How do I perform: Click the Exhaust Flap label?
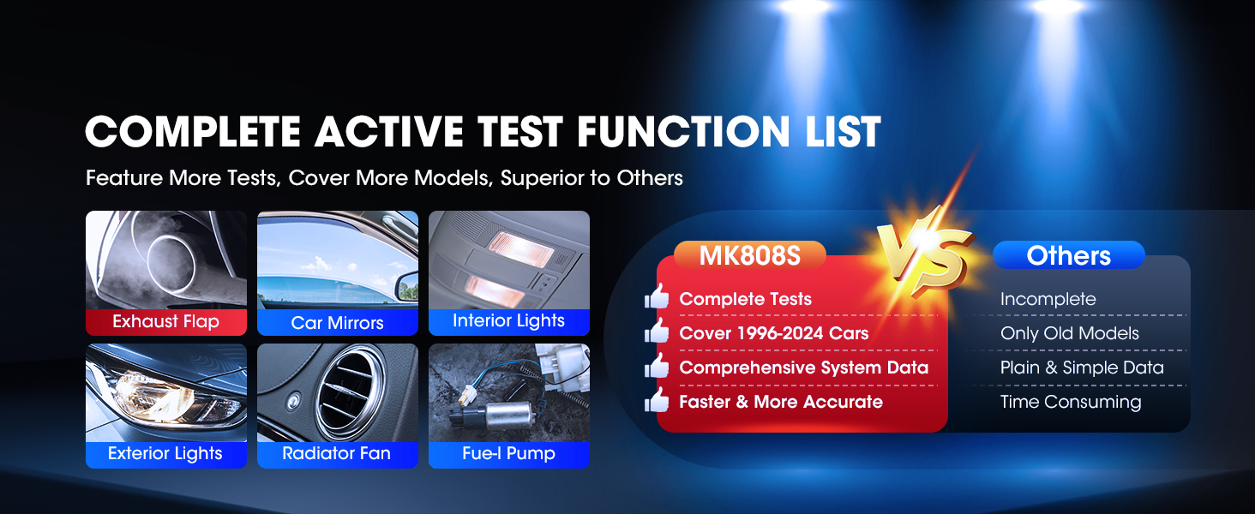pos(165,322)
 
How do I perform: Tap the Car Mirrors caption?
pos(337,323)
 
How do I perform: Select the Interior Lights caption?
pos(508,321)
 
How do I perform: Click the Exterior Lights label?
pos(165,454)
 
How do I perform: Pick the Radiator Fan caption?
pos(337,454)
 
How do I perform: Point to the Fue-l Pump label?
pos(508,454)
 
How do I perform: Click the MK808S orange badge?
pos(750,255)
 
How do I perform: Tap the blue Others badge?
pos(1068,255)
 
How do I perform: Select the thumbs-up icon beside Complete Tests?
pos(658,298)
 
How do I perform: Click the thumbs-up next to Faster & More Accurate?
pos(658,400)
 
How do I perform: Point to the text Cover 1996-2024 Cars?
pos(774,333)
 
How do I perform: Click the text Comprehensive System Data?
pos(803,368)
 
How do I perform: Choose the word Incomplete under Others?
pos(1048,299)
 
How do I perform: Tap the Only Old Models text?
pos(1069,333)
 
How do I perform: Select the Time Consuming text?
pos(1070,402)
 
